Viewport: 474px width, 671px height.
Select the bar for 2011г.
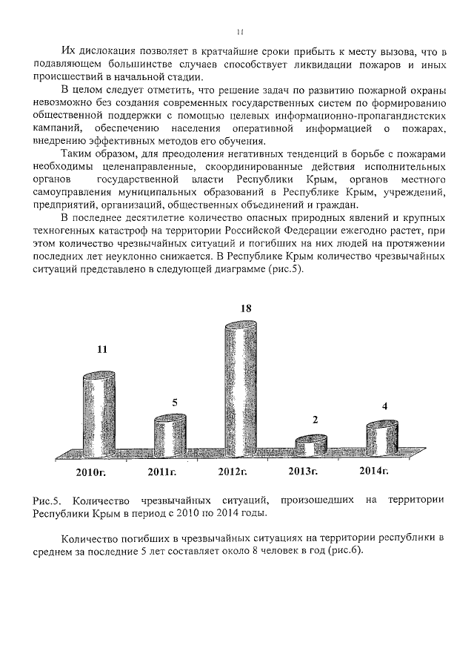click(171, 437)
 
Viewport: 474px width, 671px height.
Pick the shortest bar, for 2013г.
click(310, 446)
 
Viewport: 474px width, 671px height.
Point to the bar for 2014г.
click(382, 439)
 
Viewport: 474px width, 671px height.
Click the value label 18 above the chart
click(245, 307)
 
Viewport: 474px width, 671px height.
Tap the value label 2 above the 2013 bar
click(315, 420)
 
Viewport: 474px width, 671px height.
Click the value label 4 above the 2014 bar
click(384, 406)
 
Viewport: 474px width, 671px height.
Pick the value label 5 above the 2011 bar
click(175, 402)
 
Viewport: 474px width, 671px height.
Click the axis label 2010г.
click(91, 472)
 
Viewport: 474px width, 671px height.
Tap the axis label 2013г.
click(303, 472)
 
